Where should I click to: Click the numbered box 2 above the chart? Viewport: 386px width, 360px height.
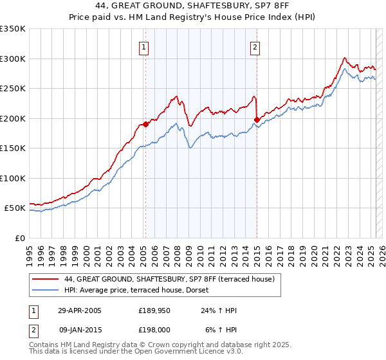tap(255, 46)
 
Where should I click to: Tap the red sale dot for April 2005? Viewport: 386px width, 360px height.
tap(145, 125)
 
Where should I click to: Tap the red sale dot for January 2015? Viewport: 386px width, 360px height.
tap(257, 120)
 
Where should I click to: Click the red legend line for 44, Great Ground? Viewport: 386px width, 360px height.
tap(45, 279)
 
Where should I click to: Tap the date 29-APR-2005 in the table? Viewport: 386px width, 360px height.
tap(80, 310)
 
